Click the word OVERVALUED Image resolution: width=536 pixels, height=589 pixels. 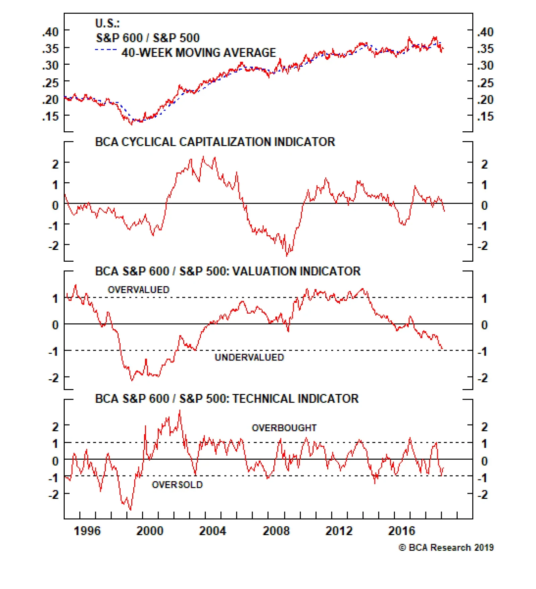click(x=138, y=289)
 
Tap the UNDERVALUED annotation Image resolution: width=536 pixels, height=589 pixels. click(x=249, y=357)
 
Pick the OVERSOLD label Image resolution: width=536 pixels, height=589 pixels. click(x=177, y=484)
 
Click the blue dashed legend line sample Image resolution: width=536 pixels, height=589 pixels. click(x=106, y=50)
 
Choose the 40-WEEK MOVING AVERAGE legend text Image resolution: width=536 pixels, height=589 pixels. click(x=199, y=53)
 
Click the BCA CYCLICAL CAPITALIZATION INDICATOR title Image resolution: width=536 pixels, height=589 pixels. click(x=215, y=142)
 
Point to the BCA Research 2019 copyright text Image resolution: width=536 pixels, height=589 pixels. click(x=446, y=547)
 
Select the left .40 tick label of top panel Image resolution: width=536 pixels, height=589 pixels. click(x=50, y=32)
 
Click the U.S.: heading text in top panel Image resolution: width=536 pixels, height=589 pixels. click(x=107, y=23)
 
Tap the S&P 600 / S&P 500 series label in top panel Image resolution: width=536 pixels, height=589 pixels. click(x=148, y=38)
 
